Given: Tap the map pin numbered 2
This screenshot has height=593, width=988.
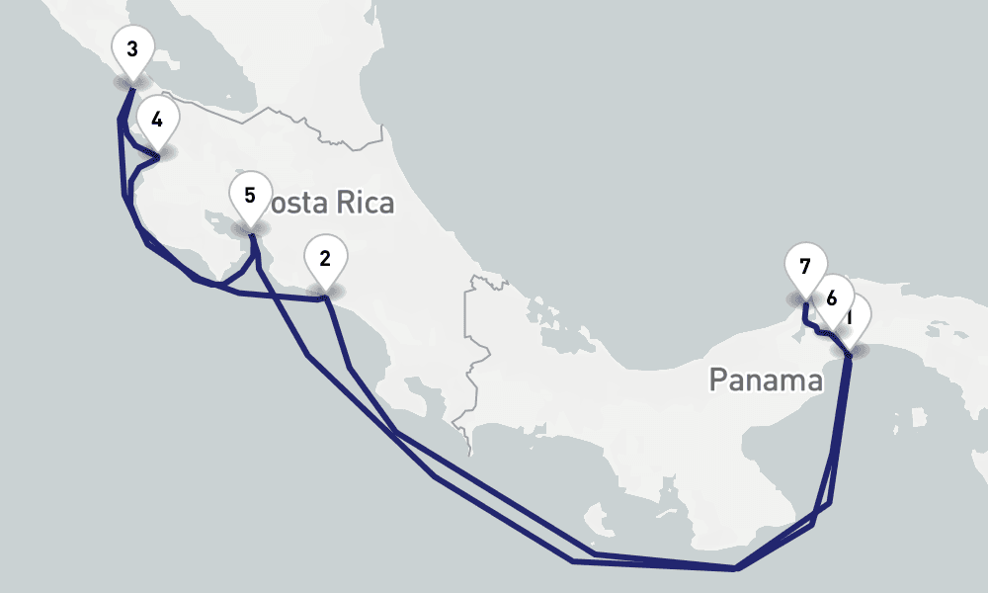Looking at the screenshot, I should pos(324,260).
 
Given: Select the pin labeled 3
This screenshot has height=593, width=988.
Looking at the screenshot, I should pos(132,48).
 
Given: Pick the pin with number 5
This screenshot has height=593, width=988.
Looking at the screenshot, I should pos(250,195).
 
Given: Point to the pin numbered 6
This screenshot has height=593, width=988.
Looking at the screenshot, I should pos(832,296).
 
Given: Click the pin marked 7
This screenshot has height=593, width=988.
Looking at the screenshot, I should pos(804,267).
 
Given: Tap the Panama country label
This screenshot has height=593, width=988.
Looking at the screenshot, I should pos(766,380).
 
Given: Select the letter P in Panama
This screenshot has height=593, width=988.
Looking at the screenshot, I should pos(718,380).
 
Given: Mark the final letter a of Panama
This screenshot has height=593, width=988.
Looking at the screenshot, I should pos(815,381).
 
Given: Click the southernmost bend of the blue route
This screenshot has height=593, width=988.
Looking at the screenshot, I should pos(735,568).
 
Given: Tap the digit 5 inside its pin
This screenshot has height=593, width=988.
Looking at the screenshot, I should pos(250,194).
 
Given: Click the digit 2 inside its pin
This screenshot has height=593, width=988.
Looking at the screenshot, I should pos(324,259).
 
